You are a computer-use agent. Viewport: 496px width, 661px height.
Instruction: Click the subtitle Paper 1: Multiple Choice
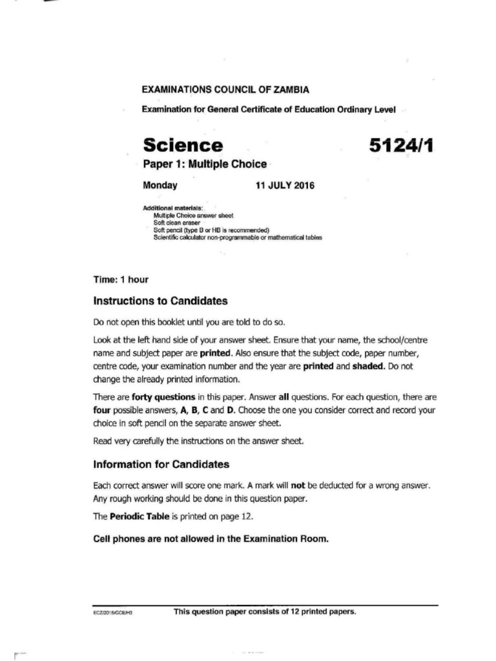pos(203,164)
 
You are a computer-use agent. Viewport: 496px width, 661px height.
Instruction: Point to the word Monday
pos(160,186)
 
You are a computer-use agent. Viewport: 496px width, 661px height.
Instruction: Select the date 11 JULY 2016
pos(285,186)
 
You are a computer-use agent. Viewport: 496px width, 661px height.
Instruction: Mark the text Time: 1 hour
pos(121,280)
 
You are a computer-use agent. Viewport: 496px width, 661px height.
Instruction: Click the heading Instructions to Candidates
pos(160,301)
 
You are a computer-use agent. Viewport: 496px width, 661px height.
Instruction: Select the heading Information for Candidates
pos(161,464)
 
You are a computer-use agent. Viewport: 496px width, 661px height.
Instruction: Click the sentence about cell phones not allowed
pos(211,538)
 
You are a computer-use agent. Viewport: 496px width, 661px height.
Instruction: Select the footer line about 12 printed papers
pos(265,611)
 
